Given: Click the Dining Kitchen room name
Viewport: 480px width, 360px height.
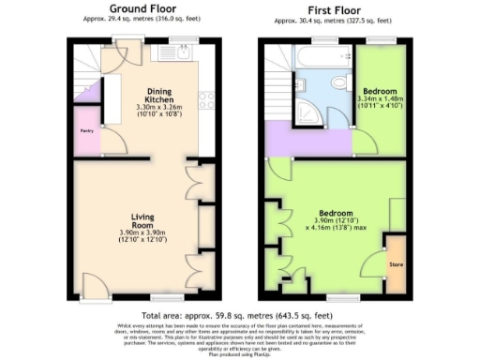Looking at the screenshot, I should (x=157, y=95).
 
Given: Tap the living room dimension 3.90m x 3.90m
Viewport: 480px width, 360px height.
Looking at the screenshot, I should (x=142, y=234).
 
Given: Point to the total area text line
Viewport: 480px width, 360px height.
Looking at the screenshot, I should (x=239, y=316).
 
